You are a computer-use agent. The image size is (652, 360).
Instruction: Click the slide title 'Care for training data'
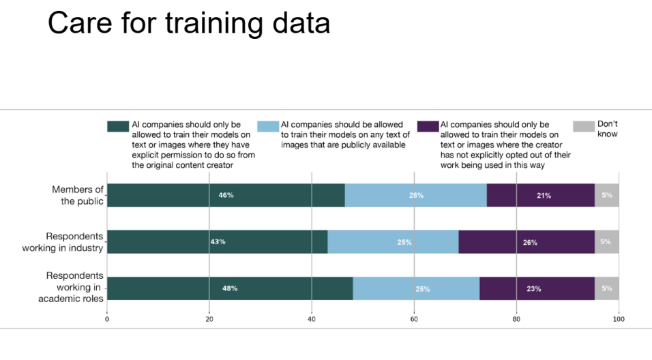click(x=189, y=23)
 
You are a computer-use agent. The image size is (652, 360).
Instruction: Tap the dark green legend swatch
click(x=117, y=126)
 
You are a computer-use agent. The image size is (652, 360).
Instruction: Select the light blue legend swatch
click(x=267, y=126)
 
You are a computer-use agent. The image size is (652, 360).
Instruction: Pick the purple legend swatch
click(x=428, y=126)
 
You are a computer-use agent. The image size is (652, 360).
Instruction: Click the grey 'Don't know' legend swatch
click(x=583, y=126)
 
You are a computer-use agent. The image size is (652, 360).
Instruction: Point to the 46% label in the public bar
click(x=226, y=195)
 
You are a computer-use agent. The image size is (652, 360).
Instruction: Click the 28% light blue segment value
click(x=416, y=196)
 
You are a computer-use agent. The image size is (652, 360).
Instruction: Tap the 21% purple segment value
click(x=544, y=196)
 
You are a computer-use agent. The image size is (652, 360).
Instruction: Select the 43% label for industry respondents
click(x=218, y=241)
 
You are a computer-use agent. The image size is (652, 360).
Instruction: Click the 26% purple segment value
click(x=530, y=242)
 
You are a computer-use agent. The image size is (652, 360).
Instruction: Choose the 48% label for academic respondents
click(x=230, y=288)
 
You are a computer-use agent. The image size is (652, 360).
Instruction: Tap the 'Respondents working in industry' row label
click(x=74, y=242)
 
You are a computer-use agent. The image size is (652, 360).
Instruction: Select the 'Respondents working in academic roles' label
click(x=74, y=287)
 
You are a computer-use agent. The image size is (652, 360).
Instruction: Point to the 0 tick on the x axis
click(x=107, y=318)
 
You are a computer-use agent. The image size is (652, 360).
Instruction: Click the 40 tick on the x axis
click(x=312, y=318)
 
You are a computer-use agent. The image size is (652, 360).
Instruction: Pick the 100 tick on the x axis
click(x=619, y=318)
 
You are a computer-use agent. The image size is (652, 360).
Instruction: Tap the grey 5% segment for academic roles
click(x=606, y=288)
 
